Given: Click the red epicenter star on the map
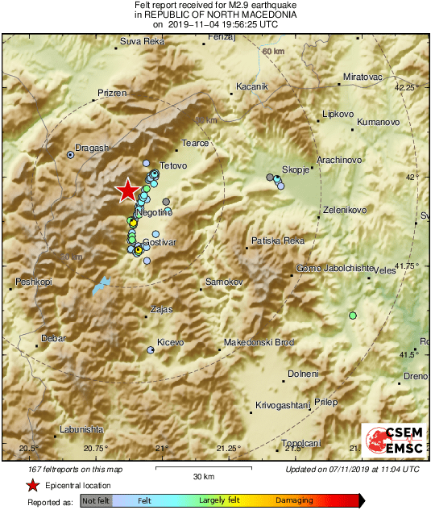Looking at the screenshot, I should point(127,190).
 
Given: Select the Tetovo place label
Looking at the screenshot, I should point(173,165).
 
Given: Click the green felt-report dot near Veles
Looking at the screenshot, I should point(352,315).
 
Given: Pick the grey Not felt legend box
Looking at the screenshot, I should point(96,501).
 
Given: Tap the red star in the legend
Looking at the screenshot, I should point(32,486).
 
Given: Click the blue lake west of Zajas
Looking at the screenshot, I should point(100,285).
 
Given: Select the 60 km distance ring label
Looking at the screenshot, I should point(274,52).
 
